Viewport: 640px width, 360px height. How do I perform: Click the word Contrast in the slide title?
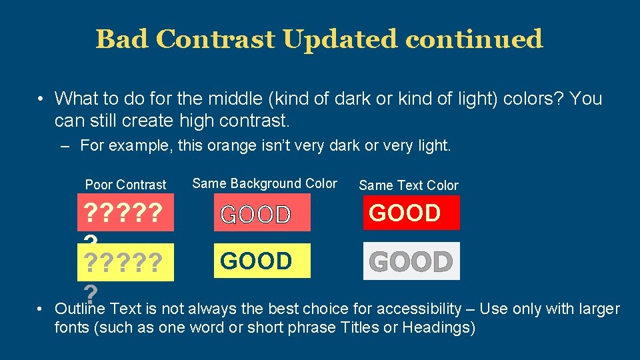[215, 39]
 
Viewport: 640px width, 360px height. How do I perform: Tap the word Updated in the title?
[339, 39]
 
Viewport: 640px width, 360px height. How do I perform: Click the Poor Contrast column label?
[125, 185]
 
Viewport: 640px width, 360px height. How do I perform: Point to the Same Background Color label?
[265, 183]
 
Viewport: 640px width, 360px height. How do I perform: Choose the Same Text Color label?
[409, 185]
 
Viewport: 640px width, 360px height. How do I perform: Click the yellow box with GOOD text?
[262, 261]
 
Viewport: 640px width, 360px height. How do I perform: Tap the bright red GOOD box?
[411, 213]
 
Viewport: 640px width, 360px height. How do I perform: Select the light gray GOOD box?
[411, 262]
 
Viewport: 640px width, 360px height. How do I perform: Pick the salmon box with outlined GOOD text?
[262, 214]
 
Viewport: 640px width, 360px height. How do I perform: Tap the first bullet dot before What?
[41, 99]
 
